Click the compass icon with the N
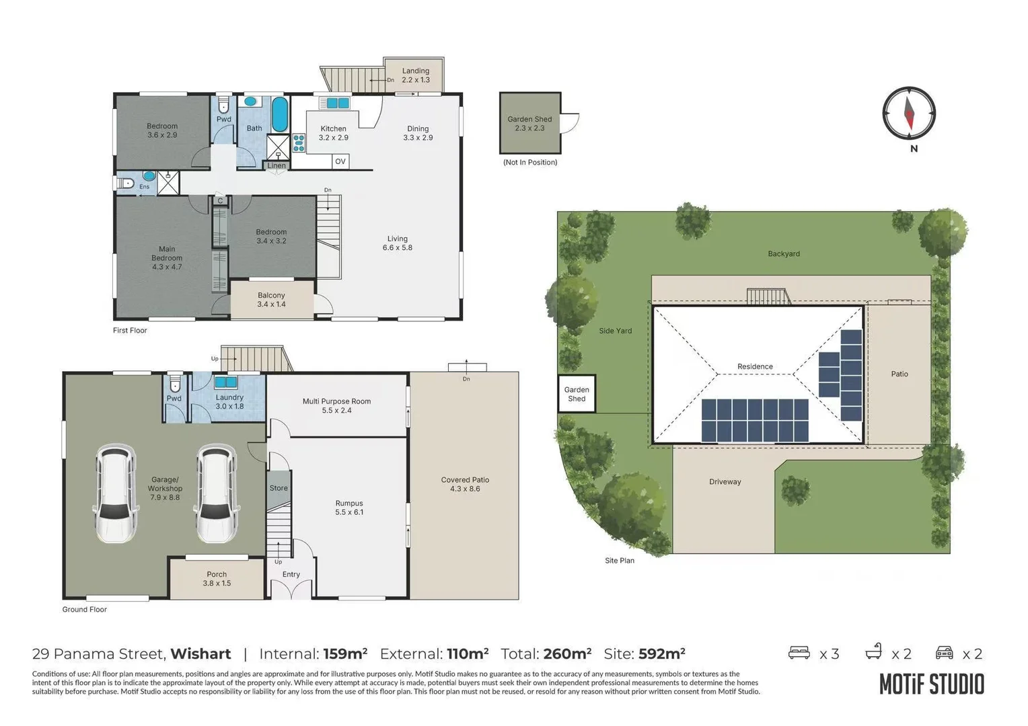909,114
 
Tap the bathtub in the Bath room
279,115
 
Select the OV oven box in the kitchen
340,161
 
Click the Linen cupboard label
277,165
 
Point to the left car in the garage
116,493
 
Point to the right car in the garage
216,493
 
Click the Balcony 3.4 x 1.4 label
271,300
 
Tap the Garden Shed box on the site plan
577,394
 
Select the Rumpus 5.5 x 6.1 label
349,508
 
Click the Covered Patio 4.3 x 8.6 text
465,484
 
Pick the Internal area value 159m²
345,653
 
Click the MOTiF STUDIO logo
931,684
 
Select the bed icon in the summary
799,653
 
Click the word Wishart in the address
200,654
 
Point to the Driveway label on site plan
725,482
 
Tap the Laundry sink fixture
225,382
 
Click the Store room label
279,489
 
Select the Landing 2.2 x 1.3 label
416,75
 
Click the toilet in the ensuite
126,183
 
